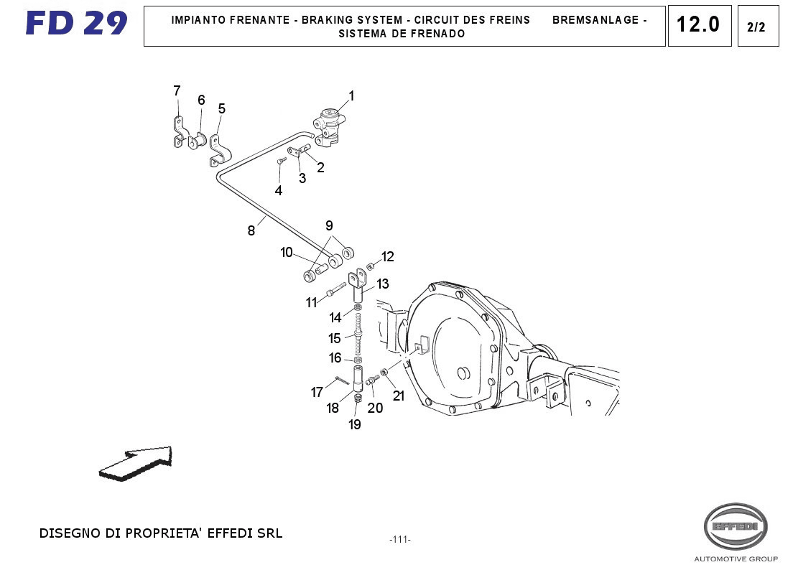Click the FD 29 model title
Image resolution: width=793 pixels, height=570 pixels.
[76, 24]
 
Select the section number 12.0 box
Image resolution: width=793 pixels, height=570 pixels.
[698, 25]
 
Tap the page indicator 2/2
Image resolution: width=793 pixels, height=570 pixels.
[756, 27]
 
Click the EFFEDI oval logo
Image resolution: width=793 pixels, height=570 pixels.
[735, 527]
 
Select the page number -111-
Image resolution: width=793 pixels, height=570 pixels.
[399, 540]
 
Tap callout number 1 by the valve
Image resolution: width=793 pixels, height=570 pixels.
[352, 95]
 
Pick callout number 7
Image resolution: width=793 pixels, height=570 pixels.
[177, 90]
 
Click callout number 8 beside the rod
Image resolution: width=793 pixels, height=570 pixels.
[251, 230]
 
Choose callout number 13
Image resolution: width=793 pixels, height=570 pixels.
[383, 284]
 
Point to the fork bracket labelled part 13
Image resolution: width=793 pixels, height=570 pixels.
[359, 281]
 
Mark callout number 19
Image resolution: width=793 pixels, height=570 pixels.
[355, 424]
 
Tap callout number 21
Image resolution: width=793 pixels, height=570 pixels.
[399, 396]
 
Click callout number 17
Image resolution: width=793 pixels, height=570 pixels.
[317, 392]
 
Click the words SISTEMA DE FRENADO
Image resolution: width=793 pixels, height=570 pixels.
[402, 34]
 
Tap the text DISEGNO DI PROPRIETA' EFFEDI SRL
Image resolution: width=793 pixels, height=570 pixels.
[161, 533]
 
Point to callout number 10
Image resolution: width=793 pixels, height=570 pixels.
[287, 252]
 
